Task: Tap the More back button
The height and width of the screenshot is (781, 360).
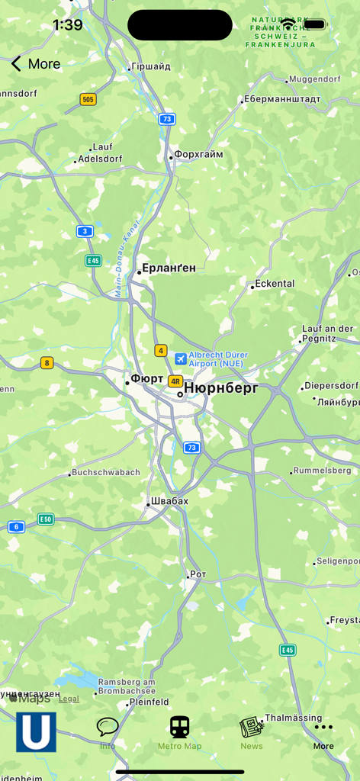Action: [x=35, y=64]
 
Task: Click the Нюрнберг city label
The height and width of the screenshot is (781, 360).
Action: [x=221, y=388]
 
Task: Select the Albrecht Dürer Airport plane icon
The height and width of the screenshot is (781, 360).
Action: [x=181, y=358]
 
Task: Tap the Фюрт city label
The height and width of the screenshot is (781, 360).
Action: [x=147, y=379]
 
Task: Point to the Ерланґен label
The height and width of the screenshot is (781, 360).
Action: [x=169, y=268]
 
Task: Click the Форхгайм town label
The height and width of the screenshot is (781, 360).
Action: [x=198, y=154]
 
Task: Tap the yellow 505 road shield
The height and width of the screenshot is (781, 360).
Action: [x=88, y=99]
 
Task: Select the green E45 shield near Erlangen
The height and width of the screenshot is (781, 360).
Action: [x=93, y=261]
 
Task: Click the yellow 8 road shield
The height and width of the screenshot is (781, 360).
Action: [x=47, y=363]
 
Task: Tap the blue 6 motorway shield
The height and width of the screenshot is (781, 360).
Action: [x=16, y=526]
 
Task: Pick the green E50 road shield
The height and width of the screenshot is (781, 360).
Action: [x=46, y=519]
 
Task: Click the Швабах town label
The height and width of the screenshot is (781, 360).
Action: [x=169, y=501]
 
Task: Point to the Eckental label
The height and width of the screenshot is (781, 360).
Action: [x=275, y=284]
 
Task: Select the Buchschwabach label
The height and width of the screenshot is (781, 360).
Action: [x=106, y=473]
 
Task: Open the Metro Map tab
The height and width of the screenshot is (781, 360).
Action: [x=180, y=733]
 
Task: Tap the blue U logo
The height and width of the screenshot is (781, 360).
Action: [x=36, y=732]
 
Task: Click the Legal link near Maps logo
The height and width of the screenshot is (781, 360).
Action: [x=69, y=699]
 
